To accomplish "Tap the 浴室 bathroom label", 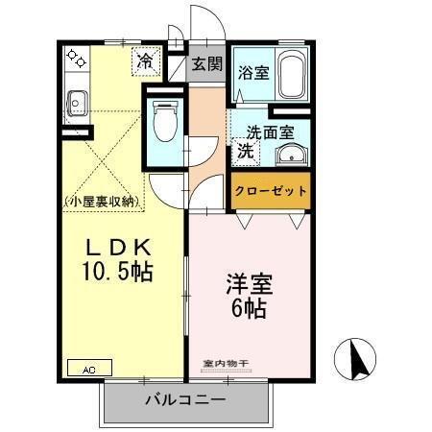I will coord(254,70).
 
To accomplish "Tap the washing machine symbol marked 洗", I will coord(245,151).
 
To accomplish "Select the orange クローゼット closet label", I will coord(271,191).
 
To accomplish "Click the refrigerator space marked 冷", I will coord(145,60).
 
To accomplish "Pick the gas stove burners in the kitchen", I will coord(76,60).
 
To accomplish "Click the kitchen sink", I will coord(77,98).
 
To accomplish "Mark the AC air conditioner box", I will coord(89,367).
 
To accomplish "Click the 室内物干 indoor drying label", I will coord(227,364).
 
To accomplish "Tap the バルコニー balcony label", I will coord(185,399).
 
